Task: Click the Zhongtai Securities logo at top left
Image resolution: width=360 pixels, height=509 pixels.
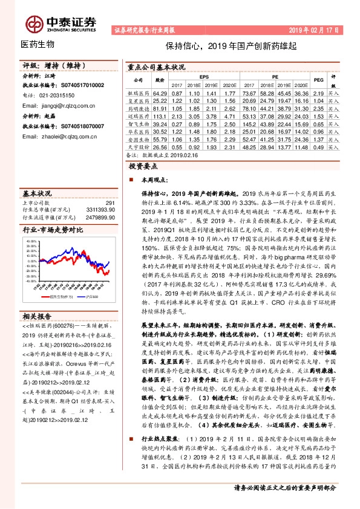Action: pos(61,22)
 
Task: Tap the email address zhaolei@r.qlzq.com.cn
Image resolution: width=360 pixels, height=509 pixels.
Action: pos(59,137)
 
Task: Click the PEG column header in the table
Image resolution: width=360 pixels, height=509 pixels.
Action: pos(318,80)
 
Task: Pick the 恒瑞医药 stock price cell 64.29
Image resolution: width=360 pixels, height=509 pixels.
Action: pos(160,94)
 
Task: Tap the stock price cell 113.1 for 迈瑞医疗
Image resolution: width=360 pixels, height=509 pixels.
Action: pos(160,114)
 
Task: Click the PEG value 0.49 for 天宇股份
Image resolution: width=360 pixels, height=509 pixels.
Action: pos(318,146)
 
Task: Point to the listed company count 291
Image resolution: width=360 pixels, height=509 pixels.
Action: pos(110,203)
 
